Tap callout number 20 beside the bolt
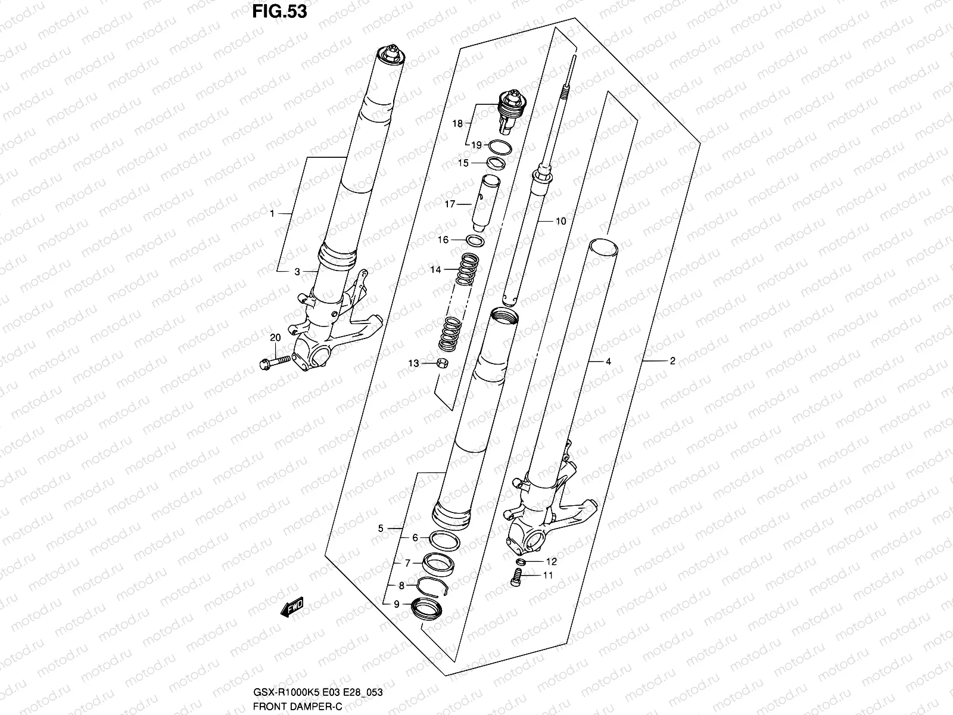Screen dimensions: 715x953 [x=275, y=337]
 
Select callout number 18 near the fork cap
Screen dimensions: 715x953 [x=457, y=124]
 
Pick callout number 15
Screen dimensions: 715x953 [x=463, y=163]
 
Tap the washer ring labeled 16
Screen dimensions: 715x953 [x=475, y=240]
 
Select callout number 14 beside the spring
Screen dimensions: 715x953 [x=435, y=270]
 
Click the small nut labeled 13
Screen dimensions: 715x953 [x=443, y=363]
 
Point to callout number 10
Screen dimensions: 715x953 [x=560, y=221]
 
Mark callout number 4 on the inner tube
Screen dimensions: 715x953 [x=608, y=361]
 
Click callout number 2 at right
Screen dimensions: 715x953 [x=672, y=360]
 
